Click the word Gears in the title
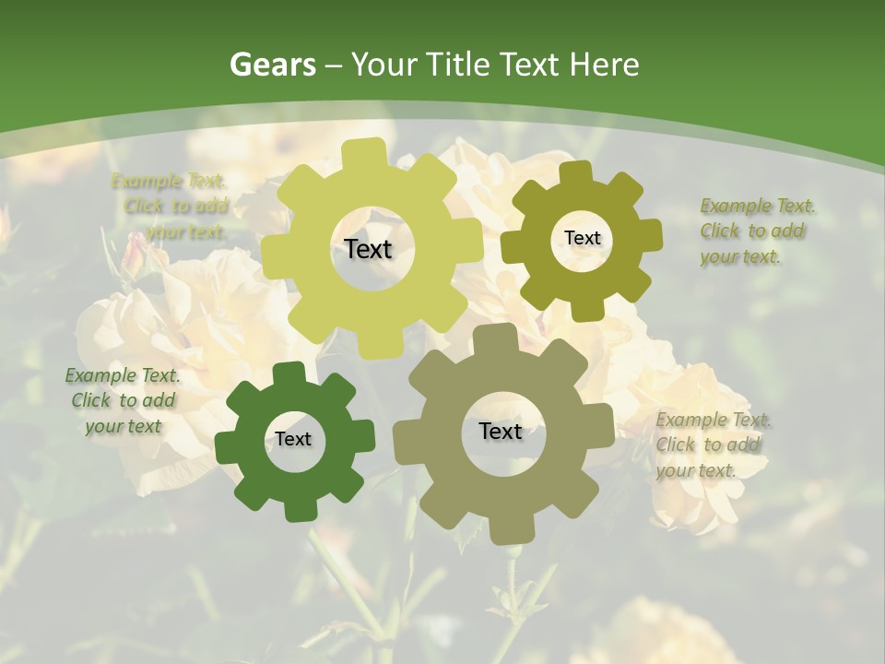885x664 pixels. tap(273, 65)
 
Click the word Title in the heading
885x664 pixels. tap(459, 65)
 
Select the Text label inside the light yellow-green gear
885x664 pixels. tap(369, 249)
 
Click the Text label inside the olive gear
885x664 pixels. tap(582, 238)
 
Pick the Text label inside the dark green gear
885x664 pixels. tap(293, 439)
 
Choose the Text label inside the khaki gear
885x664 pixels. tap(501, 431)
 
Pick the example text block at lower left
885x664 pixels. tap(123, 400)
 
